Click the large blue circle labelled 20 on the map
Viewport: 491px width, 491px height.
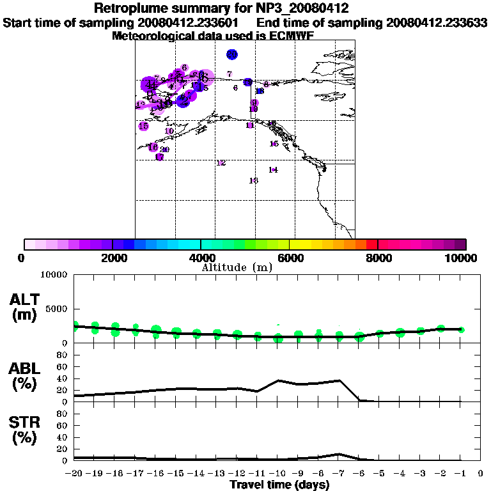pyautogui.click(x=232, y=54)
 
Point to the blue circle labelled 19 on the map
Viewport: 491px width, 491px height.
pyautogui.click(x=248, y=82)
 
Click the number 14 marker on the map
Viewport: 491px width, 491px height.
pyautogui.click(x=273, y=169)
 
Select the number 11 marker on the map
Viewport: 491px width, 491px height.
pyautogui.click(x=250, y=125)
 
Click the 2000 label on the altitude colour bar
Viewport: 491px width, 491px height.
pyautogui.click(x=112, y=258)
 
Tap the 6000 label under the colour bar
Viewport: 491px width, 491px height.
pyautogui.click(x=290, y=258)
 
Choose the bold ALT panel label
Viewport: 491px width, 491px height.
pyautogui.click(x=24, y=300)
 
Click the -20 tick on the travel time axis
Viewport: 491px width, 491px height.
pyautogui.click(x=75, y=474)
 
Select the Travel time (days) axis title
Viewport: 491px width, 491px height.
pyautogui.click(x=279, y=485)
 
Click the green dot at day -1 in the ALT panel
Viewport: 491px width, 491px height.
pyautogui.click(x=461, y=330)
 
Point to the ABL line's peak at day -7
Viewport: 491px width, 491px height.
pyautogui.click(x=339, y=380)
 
